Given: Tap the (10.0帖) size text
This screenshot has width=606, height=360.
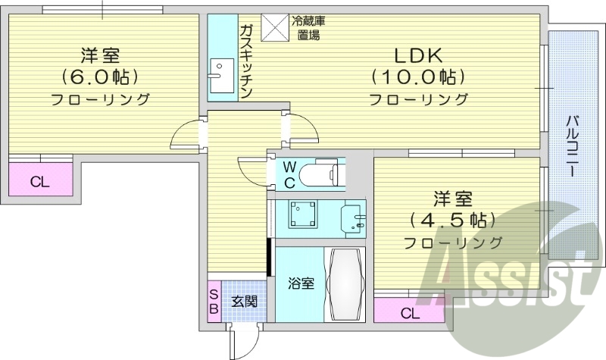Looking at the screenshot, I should point(417,77).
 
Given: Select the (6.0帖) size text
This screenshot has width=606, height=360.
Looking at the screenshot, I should point(100,77).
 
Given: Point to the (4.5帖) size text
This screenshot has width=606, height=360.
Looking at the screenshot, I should point(452,221).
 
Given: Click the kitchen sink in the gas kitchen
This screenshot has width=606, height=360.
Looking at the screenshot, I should point(222,76).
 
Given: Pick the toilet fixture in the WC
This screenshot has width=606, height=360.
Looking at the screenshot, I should point(321,174).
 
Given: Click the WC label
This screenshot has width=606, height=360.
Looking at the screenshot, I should point(289,174).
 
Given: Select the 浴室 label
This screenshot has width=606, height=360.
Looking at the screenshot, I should point(301,284).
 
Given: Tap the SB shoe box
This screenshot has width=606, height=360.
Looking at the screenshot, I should point(214,301).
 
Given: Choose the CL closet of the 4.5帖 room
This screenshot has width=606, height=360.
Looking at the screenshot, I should point(408,312).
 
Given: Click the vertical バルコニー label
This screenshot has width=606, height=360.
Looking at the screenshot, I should point(573,149).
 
